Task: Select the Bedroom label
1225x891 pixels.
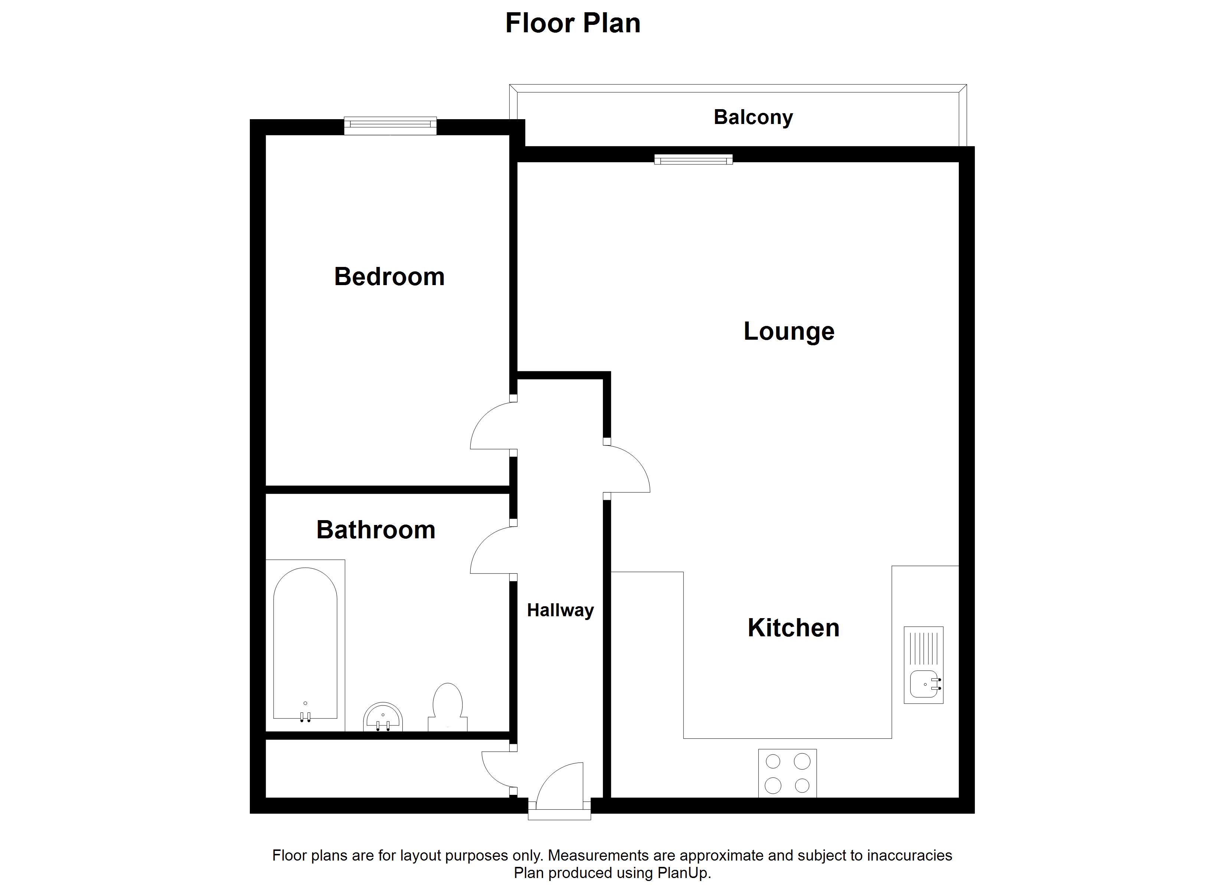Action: [389, 277]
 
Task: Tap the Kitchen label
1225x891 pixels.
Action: [793, 628]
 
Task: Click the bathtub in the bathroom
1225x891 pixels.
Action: [305, 643]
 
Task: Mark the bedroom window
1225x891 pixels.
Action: [391, 125]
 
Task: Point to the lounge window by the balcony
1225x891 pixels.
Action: [693, 159]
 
